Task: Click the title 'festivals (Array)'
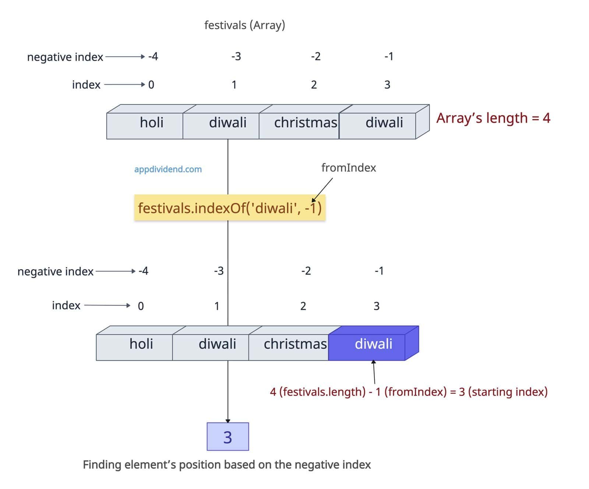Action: [244, 25]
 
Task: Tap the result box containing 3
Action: [228, 437]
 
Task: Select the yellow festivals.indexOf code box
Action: [230, 208]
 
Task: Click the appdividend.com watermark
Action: [168, 169]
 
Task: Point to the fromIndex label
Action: [348, 168]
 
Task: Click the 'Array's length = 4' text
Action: [493, 118]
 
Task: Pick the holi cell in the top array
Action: [151, 122]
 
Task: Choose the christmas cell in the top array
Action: [305, 122]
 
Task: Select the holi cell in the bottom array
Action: [141, 344]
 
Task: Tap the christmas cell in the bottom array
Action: [295, 344]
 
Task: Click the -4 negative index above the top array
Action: [153, 56]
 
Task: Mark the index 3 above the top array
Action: [387, 85]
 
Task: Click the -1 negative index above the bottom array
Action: [379, 271]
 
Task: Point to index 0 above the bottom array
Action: [141, 306]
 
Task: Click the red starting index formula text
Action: [409, 392]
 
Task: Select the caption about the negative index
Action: [227, 465]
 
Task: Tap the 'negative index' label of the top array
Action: [65, 57]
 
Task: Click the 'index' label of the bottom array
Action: [66, 305]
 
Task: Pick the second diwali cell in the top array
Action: [384, 122]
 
